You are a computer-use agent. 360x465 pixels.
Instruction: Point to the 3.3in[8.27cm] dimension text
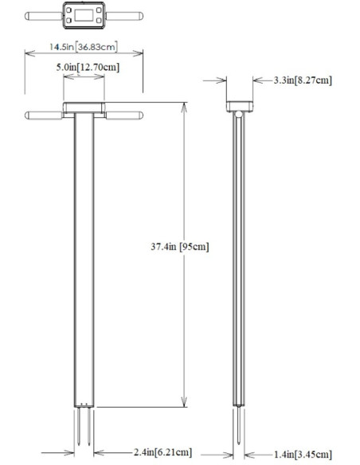click(x=303, y=80)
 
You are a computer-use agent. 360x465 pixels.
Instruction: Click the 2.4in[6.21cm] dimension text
click(x=166, y=452)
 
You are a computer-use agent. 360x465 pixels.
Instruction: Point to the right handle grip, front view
click(x=125, y=115)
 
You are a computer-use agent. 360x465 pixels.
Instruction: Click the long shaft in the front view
click(x=84, y=255)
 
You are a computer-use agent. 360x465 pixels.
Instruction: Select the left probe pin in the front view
click(x=80, y=426)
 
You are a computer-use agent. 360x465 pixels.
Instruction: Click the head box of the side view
click(x=240, y=105)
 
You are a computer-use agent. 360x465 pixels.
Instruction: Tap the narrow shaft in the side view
click(x=240, y=255)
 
